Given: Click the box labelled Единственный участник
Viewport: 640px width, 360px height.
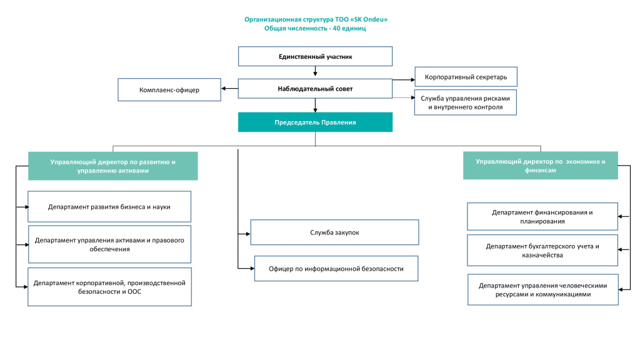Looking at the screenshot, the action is coord(315,56).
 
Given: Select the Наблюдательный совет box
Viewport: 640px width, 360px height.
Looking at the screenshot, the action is coord(315,89).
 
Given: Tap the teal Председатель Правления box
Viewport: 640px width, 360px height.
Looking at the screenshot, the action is coord(315,122).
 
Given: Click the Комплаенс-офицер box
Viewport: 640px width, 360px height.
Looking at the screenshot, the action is coord(169,90).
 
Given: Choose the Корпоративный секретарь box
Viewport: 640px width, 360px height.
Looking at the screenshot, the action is coord(466,77).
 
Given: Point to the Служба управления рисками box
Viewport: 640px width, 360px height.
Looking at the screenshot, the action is coord(465,102).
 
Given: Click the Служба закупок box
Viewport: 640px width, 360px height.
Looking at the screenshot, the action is coord(335,232).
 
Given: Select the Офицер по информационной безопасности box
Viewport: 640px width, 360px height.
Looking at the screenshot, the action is coord(336,269).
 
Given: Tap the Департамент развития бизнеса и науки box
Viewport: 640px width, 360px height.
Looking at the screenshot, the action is coord(109,206).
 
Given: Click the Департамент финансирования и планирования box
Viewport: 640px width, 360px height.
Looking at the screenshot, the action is coord(542,216).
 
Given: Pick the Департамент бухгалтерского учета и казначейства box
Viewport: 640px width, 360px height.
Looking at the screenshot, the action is coord(542,250).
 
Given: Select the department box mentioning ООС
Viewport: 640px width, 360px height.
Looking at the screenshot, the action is coord(109,287).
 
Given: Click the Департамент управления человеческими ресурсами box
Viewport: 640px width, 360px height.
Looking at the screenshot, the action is coord(543,290).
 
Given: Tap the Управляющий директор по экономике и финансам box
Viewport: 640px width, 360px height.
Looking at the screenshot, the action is coord(541,166).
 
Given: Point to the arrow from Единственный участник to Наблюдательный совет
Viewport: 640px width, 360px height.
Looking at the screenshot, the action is coord(315,71).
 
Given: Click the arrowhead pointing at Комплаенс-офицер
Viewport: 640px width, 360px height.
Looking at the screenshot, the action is coord(224,89).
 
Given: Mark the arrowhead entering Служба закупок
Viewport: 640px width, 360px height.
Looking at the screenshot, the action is coord(247,234).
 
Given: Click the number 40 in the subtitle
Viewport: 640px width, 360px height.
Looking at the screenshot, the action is coord(336,28).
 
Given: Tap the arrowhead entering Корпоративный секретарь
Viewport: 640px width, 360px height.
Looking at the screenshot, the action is coord(412,79).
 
